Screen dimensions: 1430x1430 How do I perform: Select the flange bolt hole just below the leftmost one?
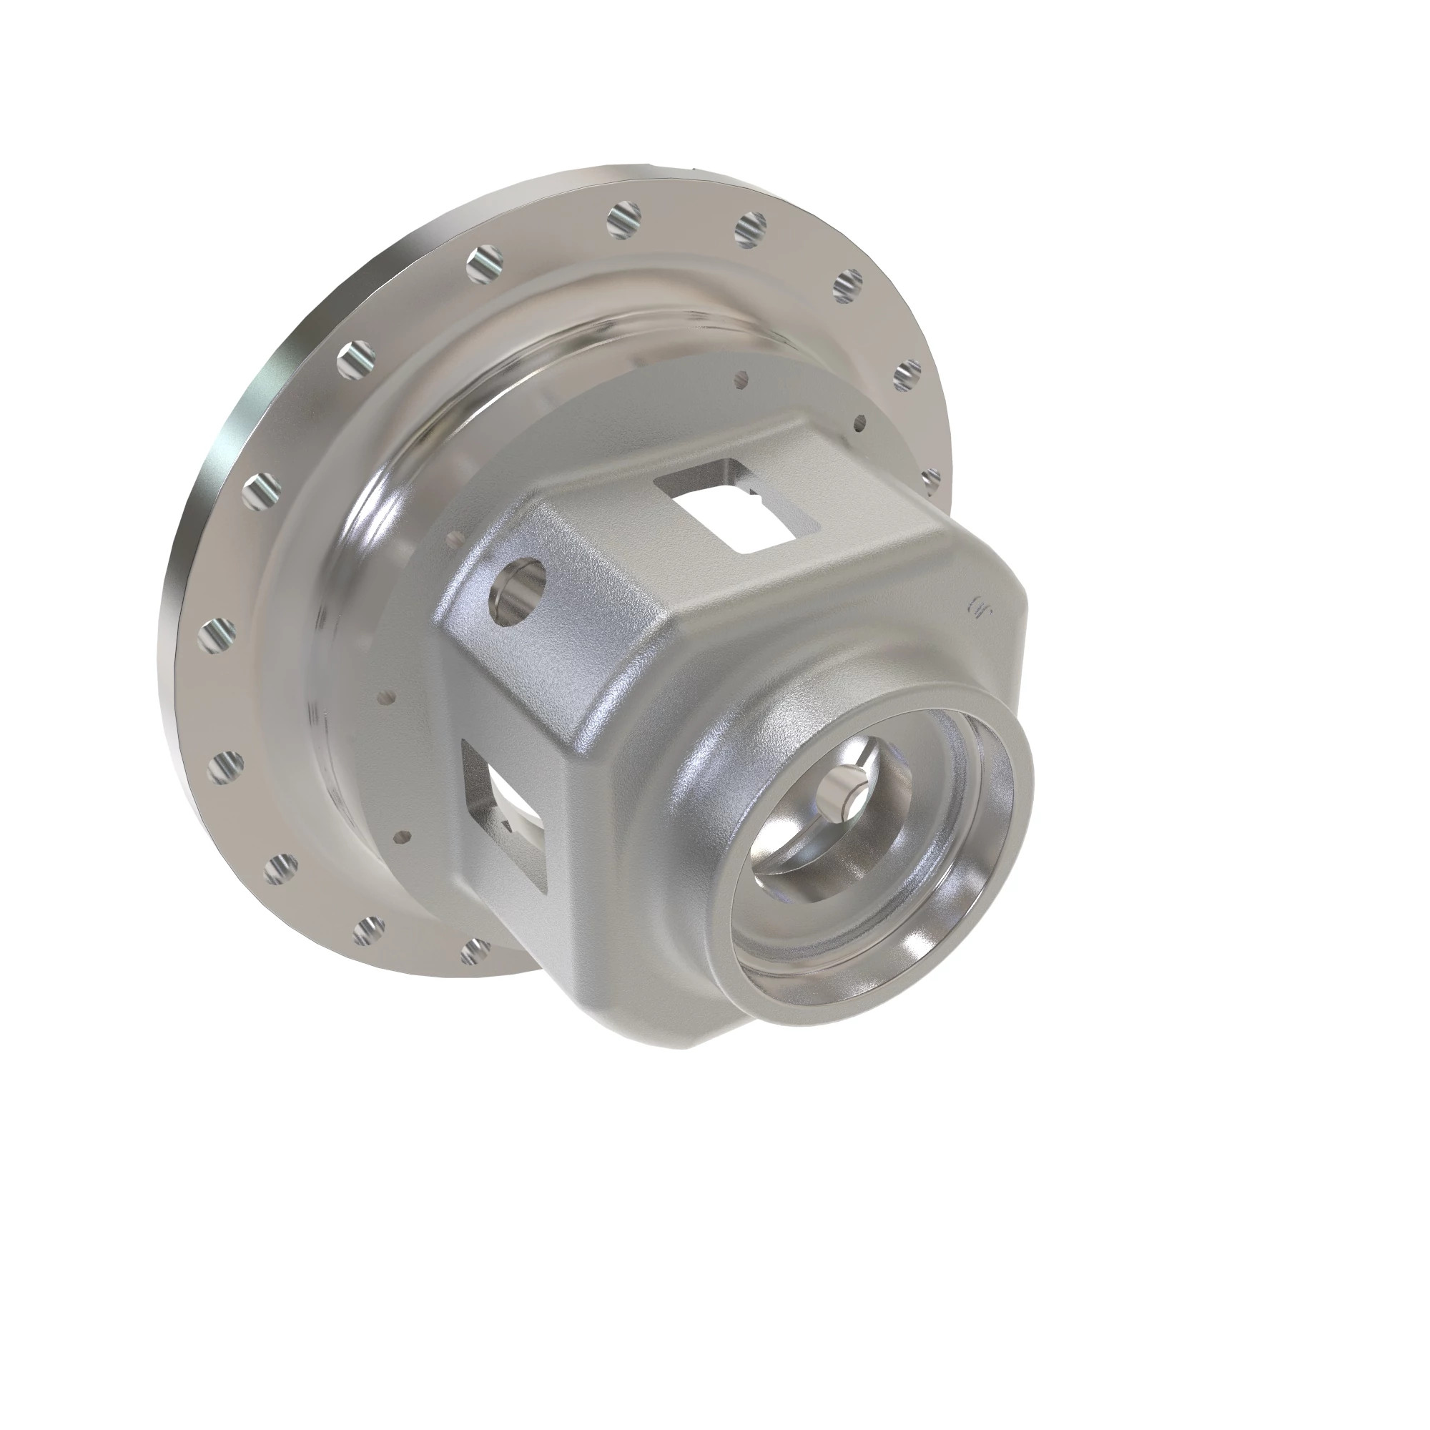pyautogui.click(x=225, y=767)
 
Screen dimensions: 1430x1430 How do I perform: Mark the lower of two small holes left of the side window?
pyautogui.click(x=401, y=837)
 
